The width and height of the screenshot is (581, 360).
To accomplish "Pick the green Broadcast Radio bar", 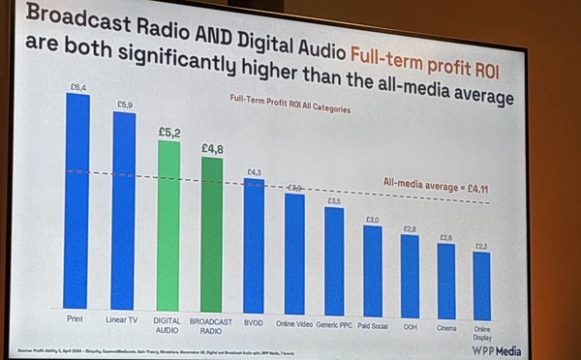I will (x=213, y=233).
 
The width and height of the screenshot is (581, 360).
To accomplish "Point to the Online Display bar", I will (x=481, y=280).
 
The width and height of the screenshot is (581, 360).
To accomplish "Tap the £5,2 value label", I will (x=169, y=133).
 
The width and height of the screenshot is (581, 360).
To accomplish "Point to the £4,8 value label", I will (x=214, y=149).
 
